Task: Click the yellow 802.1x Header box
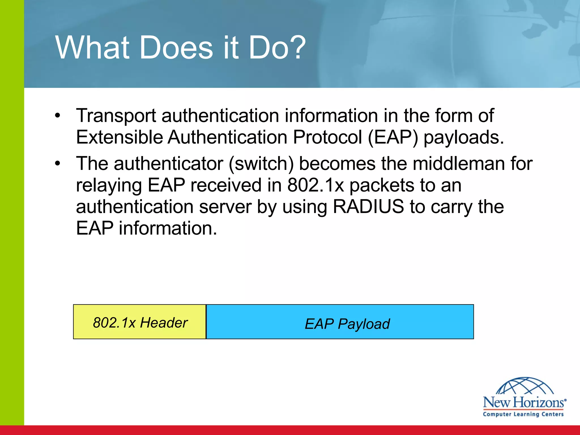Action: pos(140,322)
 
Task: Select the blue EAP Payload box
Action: pos(340,322)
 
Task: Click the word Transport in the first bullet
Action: pos(116,116)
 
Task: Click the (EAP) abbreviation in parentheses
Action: pos(393,137)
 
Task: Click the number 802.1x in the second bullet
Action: pos(315,185)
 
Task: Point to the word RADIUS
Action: pos(368,206)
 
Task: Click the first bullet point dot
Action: pos(58,116)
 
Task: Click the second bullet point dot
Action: pos(58,163)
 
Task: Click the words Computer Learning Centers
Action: pos(523,414)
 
